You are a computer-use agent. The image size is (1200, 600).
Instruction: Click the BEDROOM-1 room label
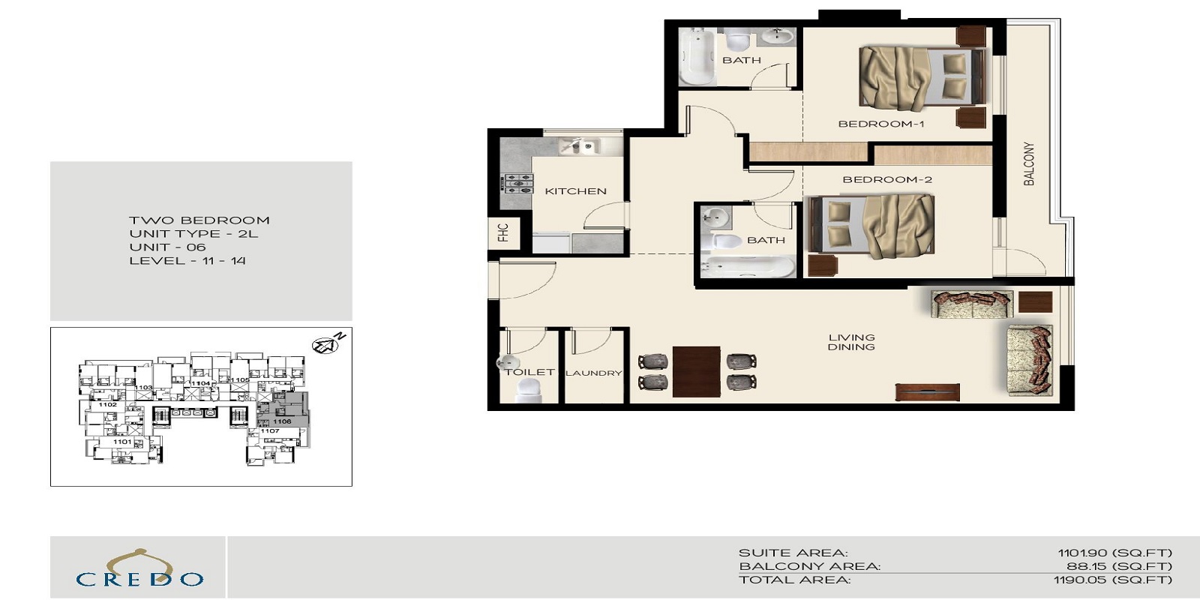coord(881,124)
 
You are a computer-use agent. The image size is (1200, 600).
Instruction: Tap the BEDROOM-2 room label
coord(887,179)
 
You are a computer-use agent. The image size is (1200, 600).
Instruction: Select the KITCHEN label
coord(575,191)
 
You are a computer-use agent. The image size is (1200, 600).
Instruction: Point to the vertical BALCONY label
coord(1029,163)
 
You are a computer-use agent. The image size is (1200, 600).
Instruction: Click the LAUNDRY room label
coord(593,373)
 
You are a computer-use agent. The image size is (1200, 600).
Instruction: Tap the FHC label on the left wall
coord(502,232)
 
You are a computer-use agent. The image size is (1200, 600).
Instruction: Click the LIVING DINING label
coord(851,342)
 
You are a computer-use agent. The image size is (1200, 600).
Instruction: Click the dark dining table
coord(696,371)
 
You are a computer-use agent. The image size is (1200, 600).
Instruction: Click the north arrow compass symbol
coord(325,346)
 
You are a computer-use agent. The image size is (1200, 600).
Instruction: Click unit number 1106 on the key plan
coord(282,421)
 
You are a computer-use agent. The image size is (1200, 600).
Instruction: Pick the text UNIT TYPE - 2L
coord(193,234)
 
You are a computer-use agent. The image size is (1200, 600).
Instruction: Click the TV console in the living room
coord(927,391)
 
